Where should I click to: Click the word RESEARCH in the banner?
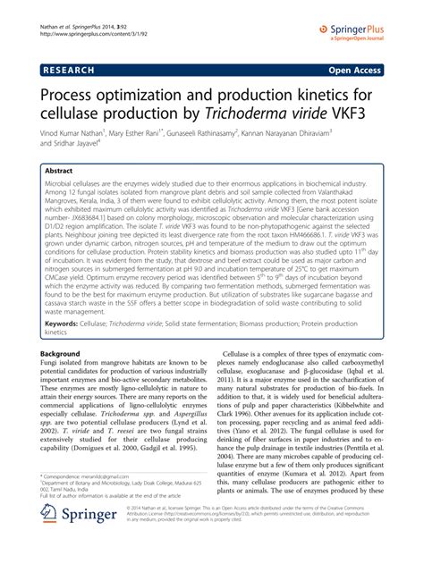pyautogui.click(x=71, y=68)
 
